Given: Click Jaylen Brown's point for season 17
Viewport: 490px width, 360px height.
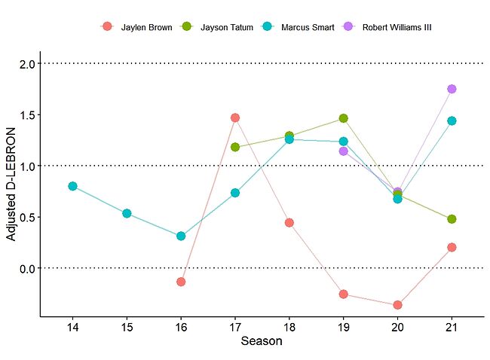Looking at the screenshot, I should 235,117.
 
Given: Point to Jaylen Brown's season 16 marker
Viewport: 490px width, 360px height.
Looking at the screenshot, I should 181,282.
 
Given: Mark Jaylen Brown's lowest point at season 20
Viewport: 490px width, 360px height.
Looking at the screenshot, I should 397,305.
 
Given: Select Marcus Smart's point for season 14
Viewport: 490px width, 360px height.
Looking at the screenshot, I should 72,186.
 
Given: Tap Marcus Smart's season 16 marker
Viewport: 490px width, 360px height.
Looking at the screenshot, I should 181,236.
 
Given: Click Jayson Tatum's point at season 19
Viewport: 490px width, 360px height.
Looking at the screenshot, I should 343,118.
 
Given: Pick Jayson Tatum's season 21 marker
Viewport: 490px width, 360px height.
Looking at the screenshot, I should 452,219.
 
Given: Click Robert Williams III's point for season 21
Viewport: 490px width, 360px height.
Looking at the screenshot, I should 452,89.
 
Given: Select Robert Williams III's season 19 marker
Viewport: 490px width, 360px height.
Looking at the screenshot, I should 343,151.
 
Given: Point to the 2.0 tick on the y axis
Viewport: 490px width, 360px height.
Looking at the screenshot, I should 28,64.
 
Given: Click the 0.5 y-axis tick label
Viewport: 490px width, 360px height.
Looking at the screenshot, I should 28,217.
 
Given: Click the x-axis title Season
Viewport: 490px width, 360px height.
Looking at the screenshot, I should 262,342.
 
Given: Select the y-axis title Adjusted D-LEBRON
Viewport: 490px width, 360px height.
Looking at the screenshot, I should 11,191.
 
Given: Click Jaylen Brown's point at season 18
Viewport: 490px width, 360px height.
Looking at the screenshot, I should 289,223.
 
